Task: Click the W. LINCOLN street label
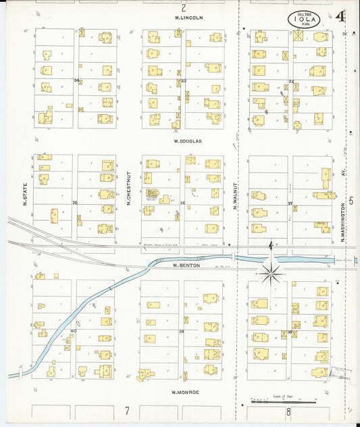click(x=188, y=18)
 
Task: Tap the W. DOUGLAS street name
click(x=187, y=141)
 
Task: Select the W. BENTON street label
click(x=184, y=266)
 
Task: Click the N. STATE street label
click(x=24, y=197)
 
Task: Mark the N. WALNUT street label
click(x=236, y=196)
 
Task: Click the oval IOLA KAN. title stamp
click(x=304, y=20)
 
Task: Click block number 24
click(x=76, y=80)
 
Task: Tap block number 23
click(x=183, y=80)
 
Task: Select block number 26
click(x=182, y=203)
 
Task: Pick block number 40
click(x=73, y=330)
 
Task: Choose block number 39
click(x=181, y=331)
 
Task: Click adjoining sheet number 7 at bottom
click(x=126, y=410)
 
